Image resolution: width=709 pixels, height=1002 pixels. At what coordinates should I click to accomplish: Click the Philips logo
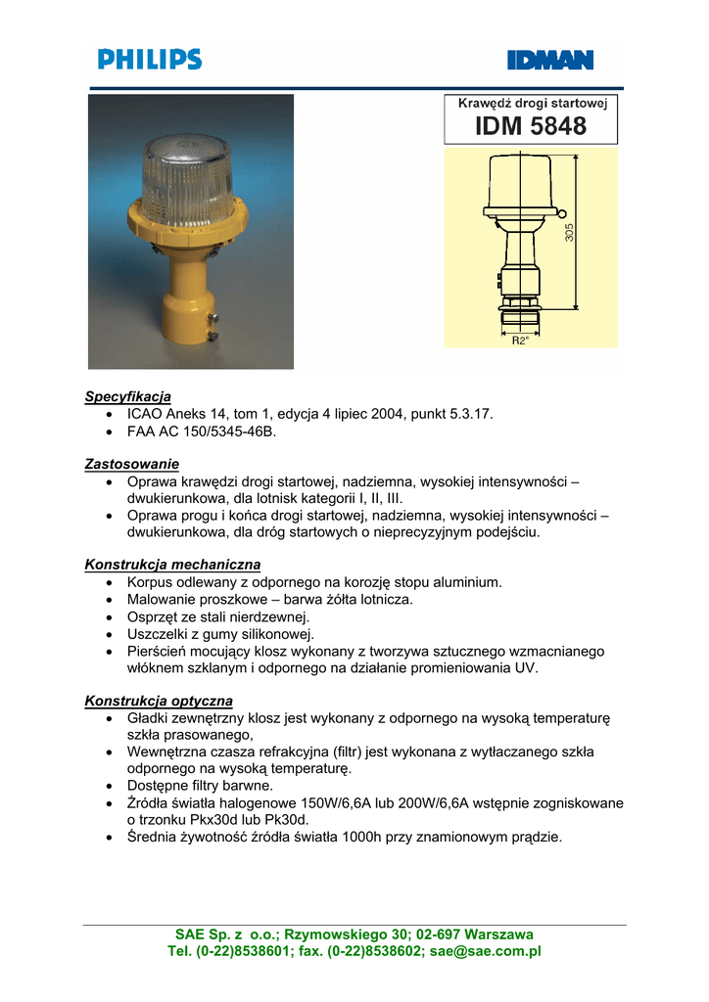click(149, 60)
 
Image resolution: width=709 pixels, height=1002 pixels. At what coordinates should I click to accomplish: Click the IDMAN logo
click(549, 61)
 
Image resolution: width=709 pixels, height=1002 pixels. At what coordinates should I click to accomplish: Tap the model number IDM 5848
click(531, 126)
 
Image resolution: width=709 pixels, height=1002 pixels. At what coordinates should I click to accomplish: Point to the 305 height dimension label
click(570, 232)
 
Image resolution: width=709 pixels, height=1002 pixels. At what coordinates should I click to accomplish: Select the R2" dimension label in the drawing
click(520, 341)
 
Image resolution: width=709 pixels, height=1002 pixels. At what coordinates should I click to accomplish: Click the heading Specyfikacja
click(127, 396)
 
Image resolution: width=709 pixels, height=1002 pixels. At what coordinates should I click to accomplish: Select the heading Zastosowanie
click(131, 463)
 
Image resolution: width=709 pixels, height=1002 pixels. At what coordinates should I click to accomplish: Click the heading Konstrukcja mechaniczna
click(172, 565)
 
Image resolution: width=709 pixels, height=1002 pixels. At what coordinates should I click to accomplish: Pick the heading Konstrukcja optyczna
click(159, 701)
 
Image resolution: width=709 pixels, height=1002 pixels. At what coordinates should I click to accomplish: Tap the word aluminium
click(465, 582)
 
